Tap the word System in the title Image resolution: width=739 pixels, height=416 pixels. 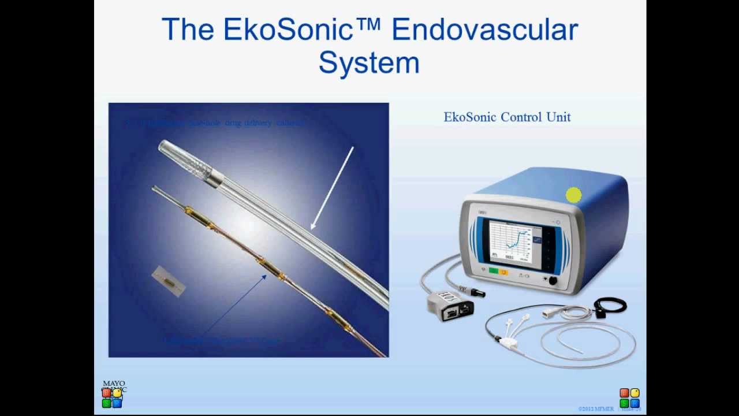[369, 62]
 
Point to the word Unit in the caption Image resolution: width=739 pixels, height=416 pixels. [558, 117]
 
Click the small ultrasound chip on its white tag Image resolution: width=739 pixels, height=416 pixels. [169, 281]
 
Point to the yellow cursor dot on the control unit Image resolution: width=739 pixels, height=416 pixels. [573, 196]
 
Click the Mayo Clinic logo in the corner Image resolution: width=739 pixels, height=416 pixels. [113, 393]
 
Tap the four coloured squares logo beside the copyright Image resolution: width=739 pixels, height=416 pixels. [629, 398]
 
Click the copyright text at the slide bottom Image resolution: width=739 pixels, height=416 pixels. [596, 409]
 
